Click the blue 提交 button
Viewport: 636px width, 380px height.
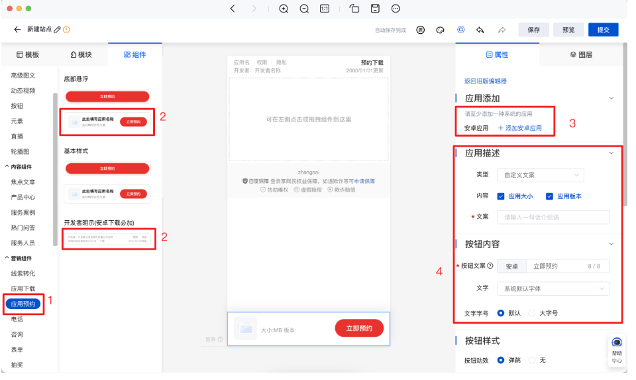pyautogui.click(x=603, y=30)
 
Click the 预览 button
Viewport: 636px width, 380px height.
pyautogui.click(x=568, y=30)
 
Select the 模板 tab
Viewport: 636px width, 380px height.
pyautogui.click(x=28, y=55)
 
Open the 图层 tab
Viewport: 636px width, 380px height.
pyautogui.click(x=581, y=55)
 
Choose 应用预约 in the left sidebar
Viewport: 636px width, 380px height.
pyautogui.click(x=23, y=304)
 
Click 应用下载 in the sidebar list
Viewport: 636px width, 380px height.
pyautogui.click(x=23, y=288)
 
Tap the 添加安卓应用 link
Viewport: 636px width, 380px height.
pyautogui.click(x=519, y=128)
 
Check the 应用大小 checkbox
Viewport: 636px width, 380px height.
pyautogui.click(x=501, y=196)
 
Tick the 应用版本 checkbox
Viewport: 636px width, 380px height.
pyautogui.click(x=549, y=196)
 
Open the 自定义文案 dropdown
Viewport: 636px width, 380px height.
pyautogui.click(x=540, y=175)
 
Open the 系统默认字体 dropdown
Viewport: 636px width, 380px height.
pyautogui.click(x=553, y=288)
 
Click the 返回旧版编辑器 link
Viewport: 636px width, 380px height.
pyautogui.click(x=486, y=81)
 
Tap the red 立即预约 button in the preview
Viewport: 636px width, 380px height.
pyautogui.click(x=359, y=328)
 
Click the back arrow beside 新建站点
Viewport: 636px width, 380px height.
pyautogui.click(x=17, y=30)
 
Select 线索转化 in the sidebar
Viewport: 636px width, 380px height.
pyautogui.click(x=23, y=273)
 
